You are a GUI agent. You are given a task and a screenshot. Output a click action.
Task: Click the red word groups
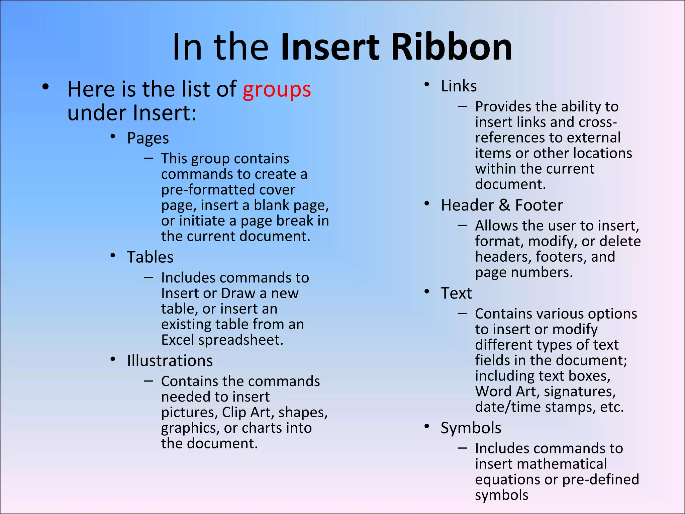click(x=277, y=90)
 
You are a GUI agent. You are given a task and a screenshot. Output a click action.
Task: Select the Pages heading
click(x=148, y=138)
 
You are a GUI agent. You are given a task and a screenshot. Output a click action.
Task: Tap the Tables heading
click(x=150, y=257)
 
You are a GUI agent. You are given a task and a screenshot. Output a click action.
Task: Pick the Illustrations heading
click(x=170, y=361)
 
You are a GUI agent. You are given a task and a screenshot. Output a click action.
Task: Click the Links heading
click(x=459, y=86)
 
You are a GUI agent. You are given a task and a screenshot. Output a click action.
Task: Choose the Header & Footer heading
click(x=502, y=205)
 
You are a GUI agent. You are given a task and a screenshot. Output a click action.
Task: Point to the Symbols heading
click(x=471, y=428)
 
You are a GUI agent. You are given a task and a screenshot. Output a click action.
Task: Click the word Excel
click(x=178, y=340)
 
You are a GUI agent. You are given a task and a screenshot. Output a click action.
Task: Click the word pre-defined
click(x=601, y=480)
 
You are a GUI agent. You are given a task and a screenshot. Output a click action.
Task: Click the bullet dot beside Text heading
click(x=427, y=291)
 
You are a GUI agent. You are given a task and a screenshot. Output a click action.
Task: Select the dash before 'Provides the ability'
click(x=462, y=106)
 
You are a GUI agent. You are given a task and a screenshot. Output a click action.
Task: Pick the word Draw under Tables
click(x=238, y=293)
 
